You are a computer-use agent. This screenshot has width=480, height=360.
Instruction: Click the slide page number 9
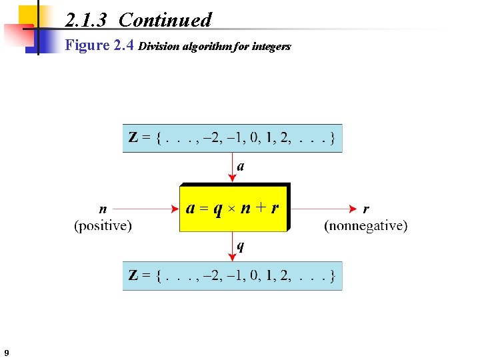(x=6, y=353)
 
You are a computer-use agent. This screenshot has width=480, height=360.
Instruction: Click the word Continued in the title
(x=165, y=20)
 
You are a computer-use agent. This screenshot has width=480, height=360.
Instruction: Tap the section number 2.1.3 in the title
(x=87, y=20)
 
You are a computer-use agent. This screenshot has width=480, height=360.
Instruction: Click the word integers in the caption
(x=271, y=47)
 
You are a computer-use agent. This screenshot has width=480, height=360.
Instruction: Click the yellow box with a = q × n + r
(x=233, y=207)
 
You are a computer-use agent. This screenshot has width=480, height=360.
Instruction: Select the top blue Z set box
(x=232, y=139)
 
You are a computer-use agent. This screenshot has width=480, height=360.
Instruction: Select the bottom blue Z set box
(x=232, y=275)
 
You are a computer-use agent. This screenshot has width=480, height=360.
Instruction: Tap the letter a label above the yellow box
(x=241, y=167)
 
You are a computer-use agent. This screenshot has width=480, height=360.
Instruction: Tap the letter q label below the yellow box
(x=241, y=247)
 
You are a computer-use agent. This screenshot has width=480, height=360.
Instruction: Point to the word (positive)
(x=103, y=225)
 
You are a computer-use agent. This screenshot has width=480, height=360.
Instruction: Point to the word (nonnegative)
(x=365, y=225)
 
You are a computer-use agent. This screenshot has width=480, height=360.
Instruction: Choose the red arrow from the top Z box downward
(x=233, y=167)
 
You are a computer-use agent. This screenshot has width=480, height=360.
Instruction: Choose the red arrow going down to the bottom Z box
(x=233, y=247)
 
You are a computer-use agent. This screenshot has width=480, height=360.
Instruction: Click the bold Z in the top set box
(x=133, y=139)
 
